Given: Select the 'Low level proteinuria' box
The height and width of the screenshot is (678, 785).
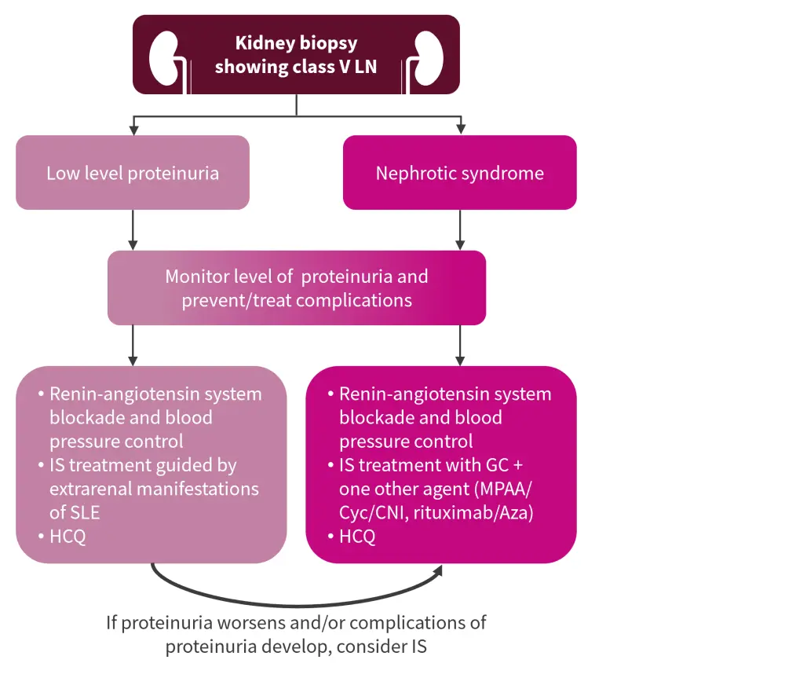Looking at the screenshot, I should tap(133, 173).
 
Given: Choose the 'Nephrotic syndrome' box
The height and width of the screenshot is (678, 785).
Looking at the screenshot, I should tap(459, 173).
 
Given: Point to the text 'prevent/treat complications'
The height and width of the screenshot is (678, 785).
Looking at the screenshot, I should tap(297, 300).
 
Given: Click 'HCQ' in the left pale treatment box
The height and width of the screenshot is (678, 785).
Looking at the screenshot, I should tap(68, 537).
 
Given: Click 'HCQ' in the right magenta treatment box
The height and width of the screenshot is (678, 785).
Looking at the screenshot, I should tap(357, 537).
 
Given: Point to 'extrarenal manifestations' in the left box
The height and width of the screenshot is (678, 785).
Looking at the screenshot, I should tap(154, 489).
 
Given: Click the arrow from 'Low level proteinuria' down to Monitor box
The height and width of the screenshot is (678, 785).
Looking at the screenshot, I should tap(133, 229).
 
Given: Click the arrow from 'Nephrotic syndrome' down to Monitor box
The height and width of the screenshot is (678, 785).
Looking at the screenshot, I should tap(459, 229).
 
